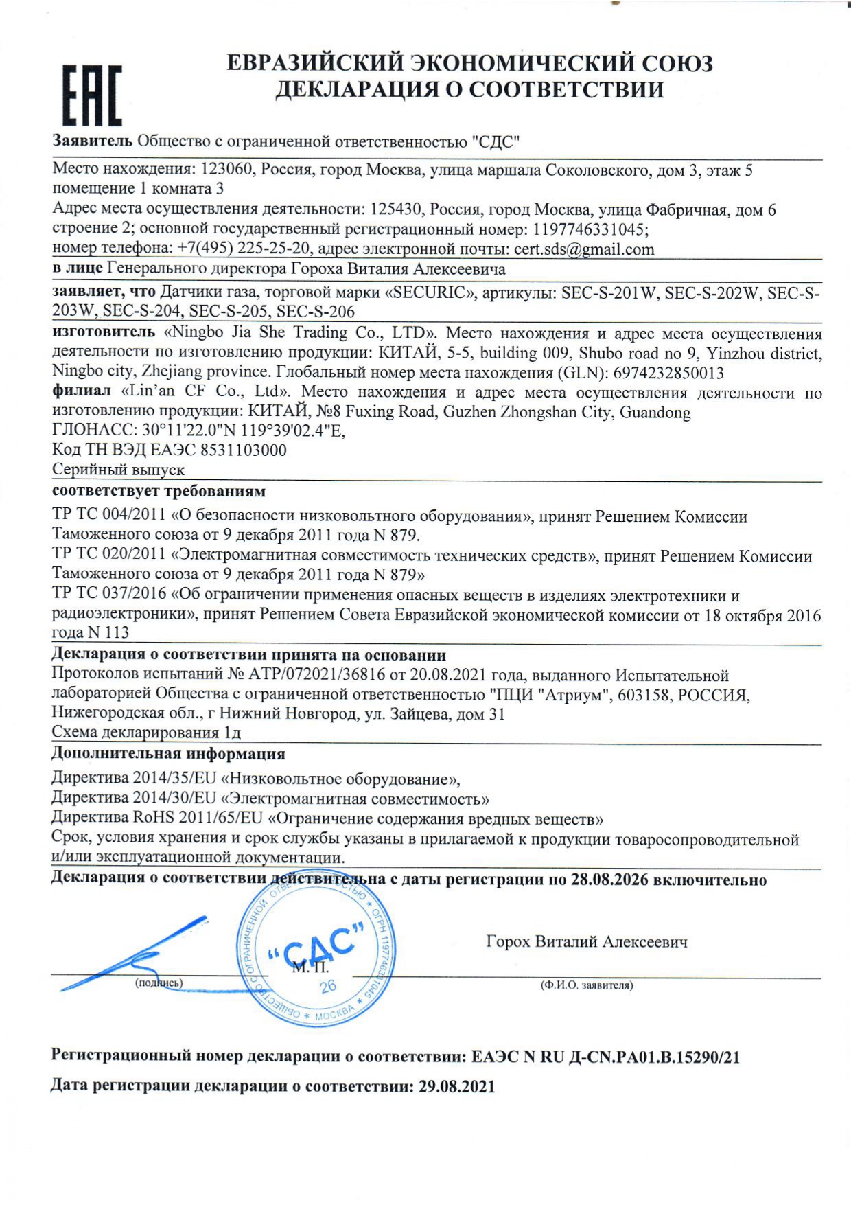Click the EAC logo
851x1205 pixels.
92,96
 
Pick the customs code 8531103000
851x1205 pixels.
244,450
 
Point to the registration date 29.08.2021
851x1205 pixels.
456,1087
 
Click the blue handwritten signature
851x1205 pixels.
137,954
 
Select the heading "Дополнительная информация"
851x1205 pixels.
168,754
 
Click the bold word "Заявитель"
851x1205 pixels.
93,141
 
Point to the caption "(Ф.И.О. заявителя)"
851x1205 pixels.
587,985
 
